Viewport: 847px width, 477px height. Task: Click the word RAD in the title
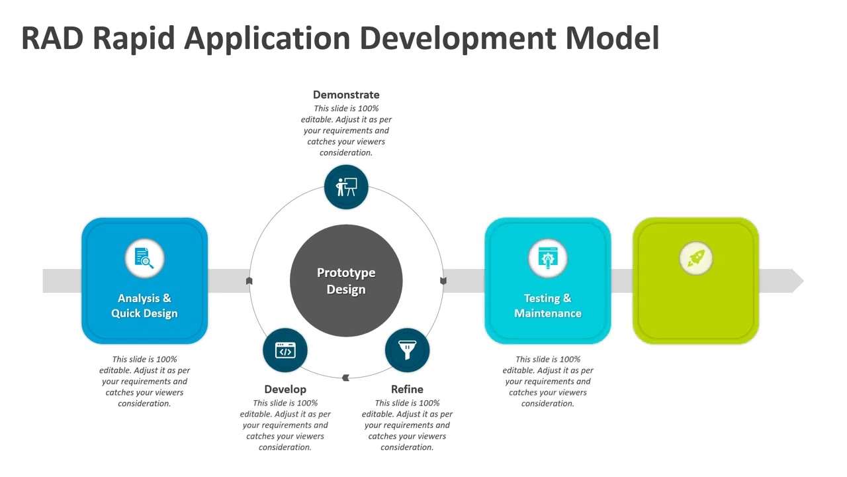click(52, 38)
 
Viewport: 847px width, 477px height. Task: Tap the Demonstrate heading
click(346, 95)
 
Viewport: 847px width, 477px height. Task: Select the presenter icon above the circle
click(346, 187)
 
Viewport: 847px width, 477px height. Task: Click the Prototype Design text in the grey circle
click(346, 281)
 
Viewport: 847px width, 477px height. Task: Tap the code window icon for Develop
click(285, 350)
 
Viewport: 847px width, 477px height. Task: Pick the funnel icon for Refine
click(407, 350)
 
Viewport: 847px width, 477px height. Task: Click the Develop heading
click(285, 389)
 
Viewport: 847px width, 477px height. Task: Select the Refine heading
click(407, 389)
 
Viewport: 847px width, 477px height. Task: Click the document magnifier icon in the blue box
click(144, 258)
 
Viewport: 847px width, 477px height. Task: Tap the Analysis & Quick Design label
click(144, 305)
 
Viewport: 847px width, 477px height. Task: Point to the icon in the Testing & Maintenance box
click(548, 258)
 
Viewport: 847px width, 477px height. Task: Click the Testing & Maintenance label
click(548, 305)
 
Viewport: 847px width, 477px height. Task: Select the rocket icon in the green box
click(695, 258)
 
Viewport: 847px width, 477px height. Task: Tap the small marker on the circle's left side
click(249, 281)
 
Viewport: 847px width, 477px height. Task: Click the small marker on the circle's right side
click(443, 281)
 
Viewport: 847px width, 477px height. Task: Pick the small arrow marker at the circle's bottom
click(345, 378)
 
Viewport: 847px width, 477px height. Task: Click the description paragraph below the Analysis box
click(144, 382)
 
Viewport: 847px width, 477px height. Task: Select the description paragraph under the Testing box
click(548, 382)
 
